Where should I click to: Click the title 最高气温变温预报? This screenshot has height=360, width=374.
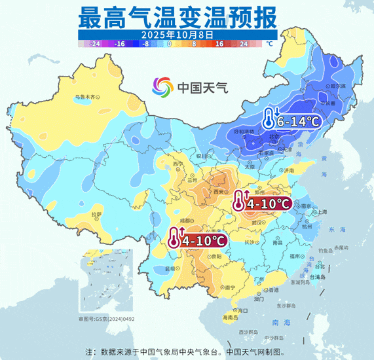[177, 14]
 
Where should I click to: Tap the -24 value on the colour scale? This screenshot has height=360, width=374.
[96, 44]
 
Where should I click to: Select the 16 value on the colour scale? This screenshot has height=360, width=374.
[219, 44]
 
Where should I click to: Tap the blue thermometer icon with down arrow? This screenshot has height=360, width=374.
[269, 118]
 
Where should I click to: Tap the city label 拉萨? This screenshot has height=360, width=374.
[97, 214]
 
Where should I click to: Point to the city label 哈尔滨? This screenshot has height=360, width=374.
[337, 86]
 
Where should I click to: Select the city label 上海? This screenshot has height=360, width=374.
[322, 212]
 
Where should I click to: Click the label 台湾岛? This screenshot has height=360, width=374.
[320, 278]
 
